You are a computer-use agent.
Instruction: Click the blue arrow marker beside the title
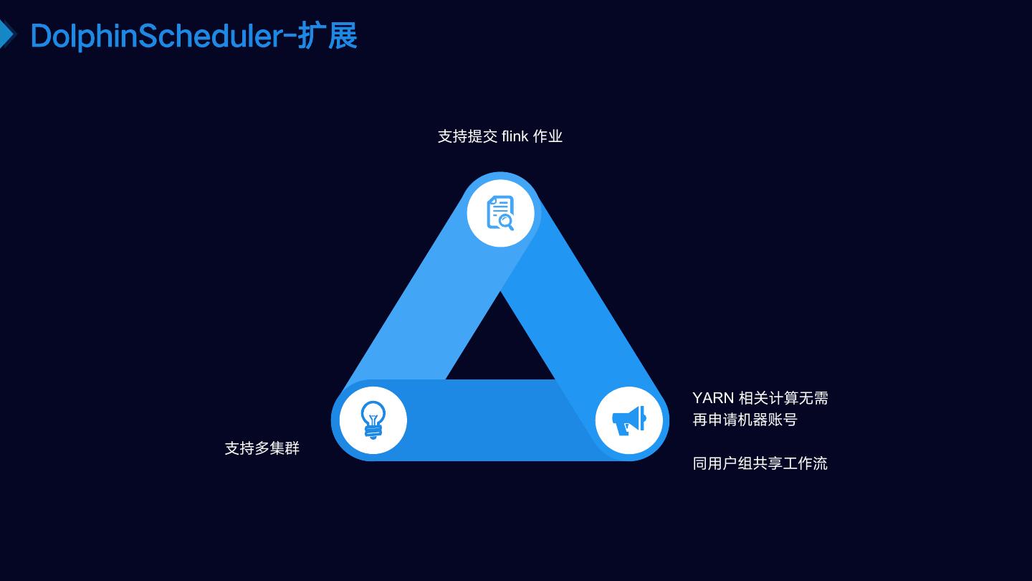[7, 34]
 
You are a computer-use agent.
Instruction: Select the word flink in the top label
[515, 136]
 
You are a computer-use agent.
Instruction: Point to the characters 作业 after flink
[548, 136]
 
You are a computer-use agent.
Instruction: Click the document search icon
[500, 213]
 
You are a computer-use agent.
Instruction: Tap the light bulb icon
[373, 420]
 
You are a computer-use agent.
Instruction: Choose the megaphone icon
[629, 420]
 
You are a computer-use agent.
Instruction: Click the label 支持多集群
[262, 448]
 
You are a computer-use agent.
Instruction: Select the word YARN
[713, 398]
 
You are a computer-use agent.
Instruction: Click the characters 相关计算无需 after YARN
[783, 398]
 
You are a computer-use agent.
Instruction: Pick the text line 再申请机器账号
[745, 420]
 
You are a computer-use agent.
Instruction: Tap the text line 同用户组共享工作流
[760, 463]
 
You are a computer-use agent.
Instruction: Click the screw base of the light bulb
[373, 433]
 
